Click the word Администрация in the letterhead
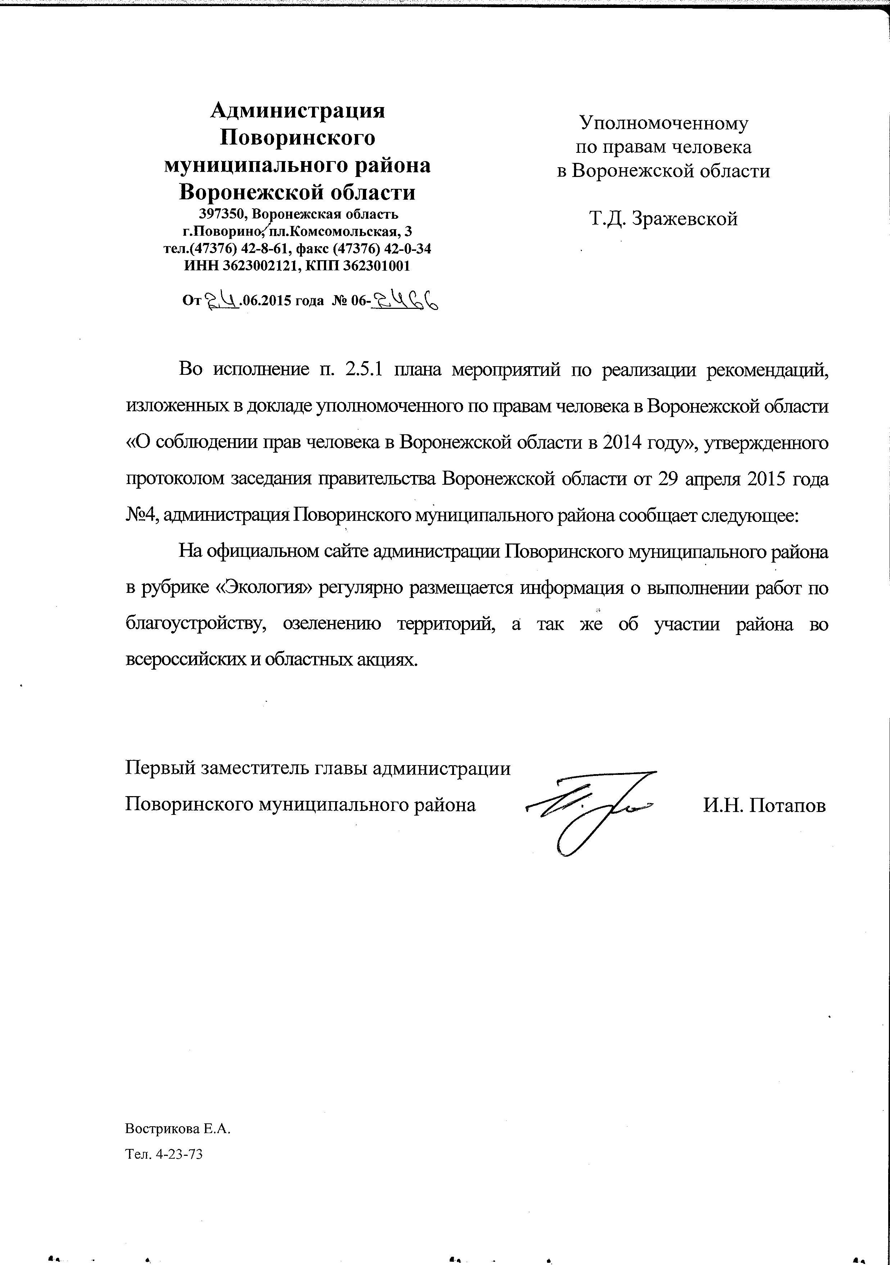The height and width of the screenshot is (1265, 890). point(298,111)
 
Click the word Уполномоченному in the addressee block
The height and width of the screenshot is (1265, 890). point(664,123)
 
